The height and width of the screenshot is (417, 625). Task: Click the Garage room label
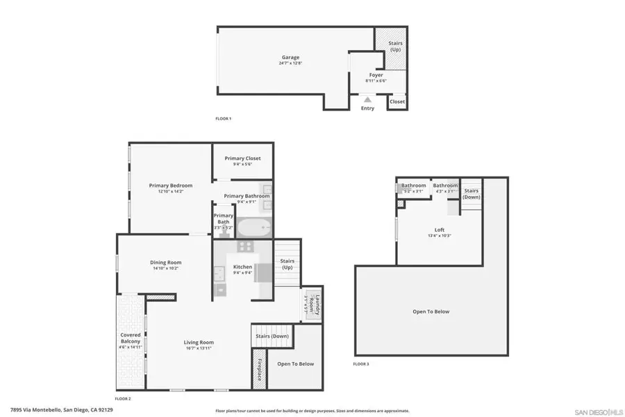click(290, 57)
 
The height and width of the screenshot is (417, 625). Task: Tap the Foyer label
click(376, 75)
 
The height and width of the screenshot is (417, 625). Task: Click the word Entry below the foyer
click(367, 108)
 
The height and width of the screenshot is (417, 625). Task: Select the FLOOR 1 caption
click(223, 119)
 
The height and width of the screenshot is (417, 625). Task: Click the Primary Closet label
click(242, 158)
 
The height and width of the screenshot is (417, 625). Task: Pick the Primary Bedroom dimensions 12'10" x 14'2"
click(171, 192)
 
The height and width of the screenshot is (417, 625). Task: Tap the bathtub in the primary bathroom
click(255, 228)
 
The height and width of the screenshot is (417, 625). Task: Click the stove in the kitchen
click(245, 246)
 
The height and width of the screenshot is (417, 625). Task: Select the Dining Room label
click(166, 262)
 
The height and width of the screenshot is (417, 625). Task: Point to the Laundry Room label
click(316, 306)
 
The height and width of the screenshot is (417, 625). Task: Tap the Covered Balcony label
click(131, 338)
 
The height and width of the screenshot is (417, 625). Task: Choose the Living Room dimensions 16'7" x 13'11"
click(199, 348)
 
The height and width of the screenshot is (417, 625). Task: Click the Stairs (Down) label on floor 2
click(272, 336)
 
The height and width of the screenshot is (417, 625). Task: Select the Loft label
click(439, 229)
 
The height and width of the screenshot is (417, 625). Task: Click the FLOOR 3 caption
click(361, 364)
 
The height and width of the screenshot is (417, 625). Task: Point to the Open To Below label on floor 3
click(431, 311)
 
